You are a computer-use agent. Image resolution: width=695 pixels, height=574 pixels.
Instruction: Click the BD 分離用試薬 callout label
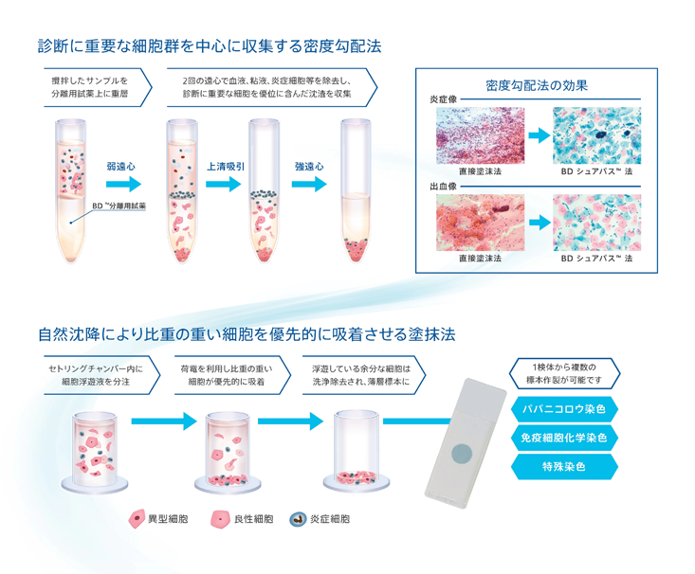click(119, 205)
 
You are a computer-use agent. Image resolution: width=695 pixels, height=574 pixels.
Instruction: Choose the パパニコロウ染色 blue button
click(564, 410)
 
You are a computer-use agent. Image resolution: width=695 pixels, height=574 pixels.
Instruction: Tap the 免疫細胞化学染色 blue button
click(564, 439)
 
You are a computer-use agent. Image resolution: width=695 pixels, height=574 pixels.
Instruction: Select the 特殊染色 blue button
click(564, 467)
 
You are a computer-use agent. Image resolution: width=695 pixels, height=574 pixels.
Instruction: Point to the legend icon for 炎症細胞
click(297, 519)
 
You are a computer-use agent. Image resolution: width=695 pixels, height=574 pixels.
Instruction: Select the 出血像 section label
click(443, 187)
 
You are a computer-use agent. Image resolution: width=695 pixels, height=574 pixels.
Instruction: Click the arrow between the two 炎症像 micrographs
click(538, 135)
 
